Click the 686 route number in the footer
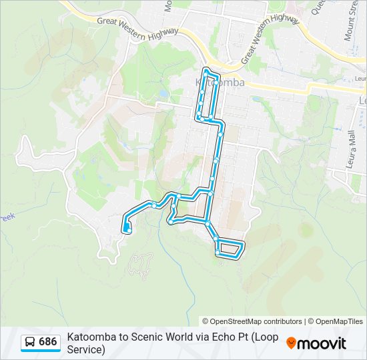pyautogui.click(x=47, y=342)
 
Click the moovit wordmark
pyautogui.click(x=322, y=343)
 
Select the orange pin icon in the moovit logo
pyautogui.click(x=291, y=343)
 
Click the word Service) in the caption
pyautogui.click(x=86, y=349)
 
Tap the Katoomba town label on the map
pyautogui.click(x=220, y=83)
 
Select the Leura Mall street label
pyautogui.click(x=352, y=150)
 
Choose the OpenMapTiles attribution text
pyautogui.click(x=340, y=321)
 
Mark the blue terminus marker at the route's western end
pyautogui.click(x=126, y=230)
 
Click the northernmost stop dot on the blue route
pyautogui.click(x=208, y=71)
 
